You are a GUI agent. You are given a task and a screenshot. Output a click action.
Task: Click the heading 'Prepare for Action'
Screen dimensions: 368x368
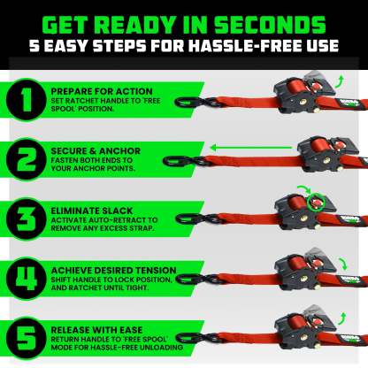point(93,90)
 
